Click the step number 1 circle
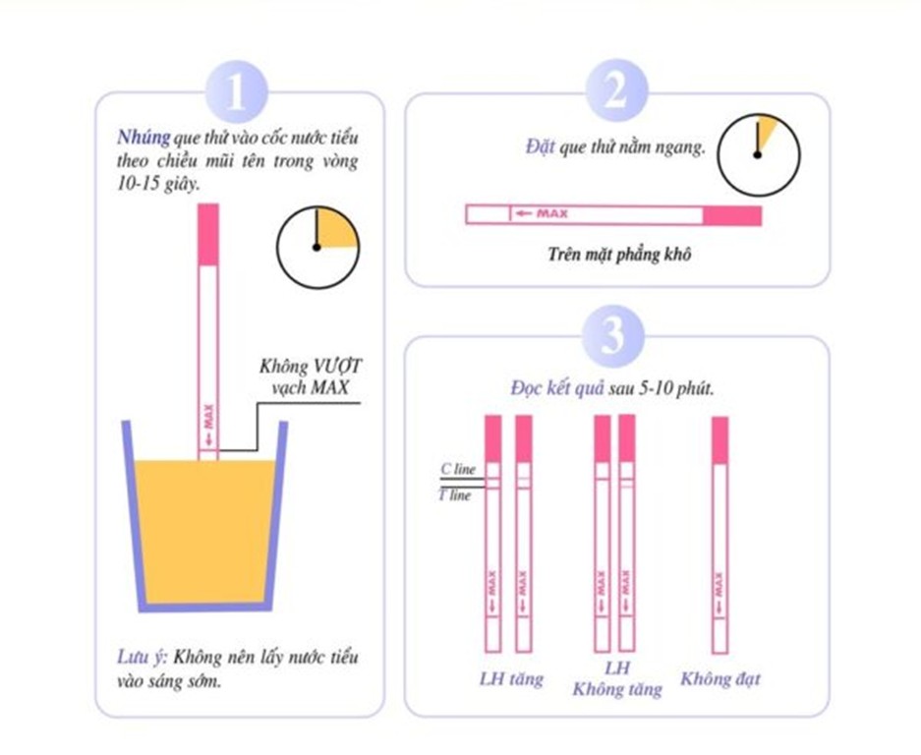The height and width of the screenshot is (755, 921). pyautogui.click(x=237, y=92)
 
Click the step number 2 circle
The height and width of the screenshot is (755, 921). pyautogui.click(x=616, y=91)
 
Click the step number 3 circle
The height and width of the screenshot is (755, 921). pyautogui.click(x=613, y=336)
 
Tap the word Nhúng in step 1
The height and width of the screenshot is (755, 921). pyautogui.click(x=144, y=138)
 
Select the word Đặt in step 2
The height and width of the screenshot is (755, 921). pyautogui.click(x=540, y=146)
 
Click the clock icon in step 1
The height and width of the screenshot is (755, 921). pyautogui.click(x=317, y=248)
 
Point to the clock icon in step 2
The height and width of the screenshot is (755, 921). pyautogui.click(x=758, y=155)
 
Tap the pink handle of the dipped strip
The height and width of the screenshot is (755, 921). pyautogui.click(x=208, y=234)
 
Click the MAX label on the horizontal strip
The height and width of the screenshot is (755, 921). pyautogui.click(x=552, y=214)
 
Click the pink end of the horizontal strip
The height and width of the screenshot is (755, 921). pyautogui.click(x=732, y=215)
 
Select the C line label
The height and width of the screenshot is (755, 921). pyautogui.click(x=458, y=469)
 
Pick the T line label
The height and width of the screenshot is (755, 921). pyautogui.click(x=455, y=495)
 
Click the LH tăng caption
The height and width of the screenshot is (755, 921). pyautogui.click(x=511, y=679)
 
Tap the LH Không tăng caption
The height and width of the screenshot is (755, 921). pyautogui.click(x=617, y=678)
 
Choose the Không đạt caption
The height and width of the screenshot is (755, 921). pyautogui.click(x=720, y=679)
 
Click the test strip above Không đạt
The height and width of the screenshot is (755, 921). pyautogui.click(x=720, y=535)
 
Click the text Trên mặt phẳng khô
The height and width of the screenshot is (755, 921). pyautogui.click(x=619, y=255)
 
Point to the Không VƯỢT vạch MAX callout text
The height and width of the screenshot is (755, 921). pyautogui.click(x=311, y=377)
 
